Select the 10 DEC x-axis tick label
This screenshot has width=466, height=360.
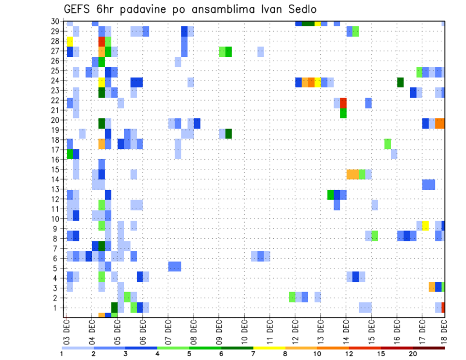click(244, 328)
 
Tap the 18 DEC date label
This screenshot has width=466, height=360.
click(444, 328)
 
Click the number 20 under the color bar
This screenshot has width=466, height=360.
click(413, 354)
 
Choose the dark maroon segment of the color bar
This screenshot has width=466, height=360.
click(429, 348)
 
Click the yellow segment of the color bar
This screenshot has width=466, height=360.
click(269, 348)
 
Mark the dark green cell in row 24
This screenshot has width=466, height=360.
click(400, 82)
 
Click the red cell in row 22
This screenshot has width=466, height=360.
click(343, 103)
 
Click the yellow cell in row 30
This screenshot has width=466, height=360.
click(317, 23)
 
